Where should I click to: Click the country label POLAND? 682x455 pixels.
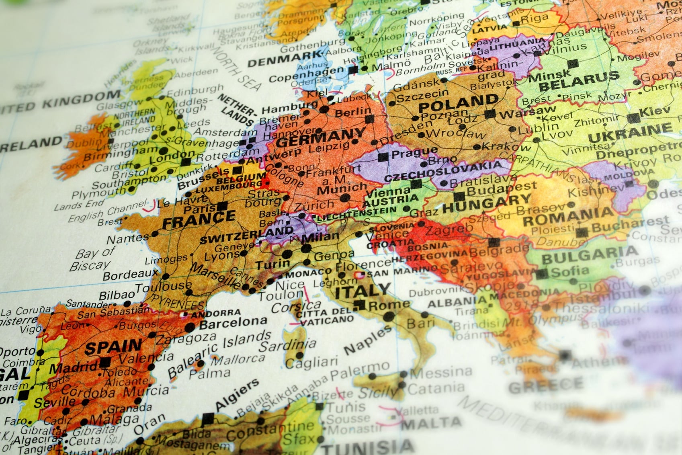click(x=458, y=104)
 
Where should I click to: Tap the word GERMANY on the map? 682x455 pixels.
click(x=320, y=137)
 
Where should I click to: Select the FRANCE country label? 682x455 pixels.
click(x=199, y=220)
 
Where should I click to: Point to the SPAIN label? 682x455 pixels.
click(x=113, y=347)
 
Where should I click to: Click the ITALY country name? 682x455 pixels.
click(x=363, y=290)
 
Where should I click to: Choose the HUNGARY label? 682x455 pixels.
click(x=487, y=203)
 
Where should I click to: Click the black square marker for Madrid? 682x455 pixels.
click(x=105, y=362)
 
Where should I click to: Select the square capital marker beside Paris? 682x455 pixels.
click(x=222, y=207)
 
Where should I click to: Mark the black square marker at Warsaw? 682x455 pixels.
click(x=489, y=114)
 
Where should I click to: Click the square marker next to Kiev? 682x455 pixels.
click(x=633, y=118)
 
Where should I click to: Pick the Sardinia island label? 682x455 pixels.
click(x=287, y=346)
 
